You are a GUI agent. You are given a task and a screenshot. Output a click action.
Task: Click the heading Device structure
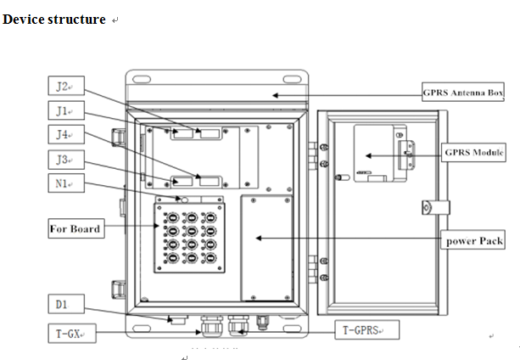tap(54, 20)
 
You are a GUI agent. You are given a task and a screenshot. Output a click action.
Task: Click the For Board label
tap(75, 228)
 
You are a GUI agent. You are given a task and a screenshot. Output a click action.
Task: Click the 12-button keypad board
tap(187, 237)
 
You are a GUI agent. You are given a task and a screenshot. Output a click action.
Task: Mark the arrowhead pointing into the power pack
tap(257, 239)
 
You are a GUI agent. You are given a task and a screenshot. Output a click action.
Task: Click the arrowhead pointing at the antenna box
tap(274, 95)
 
